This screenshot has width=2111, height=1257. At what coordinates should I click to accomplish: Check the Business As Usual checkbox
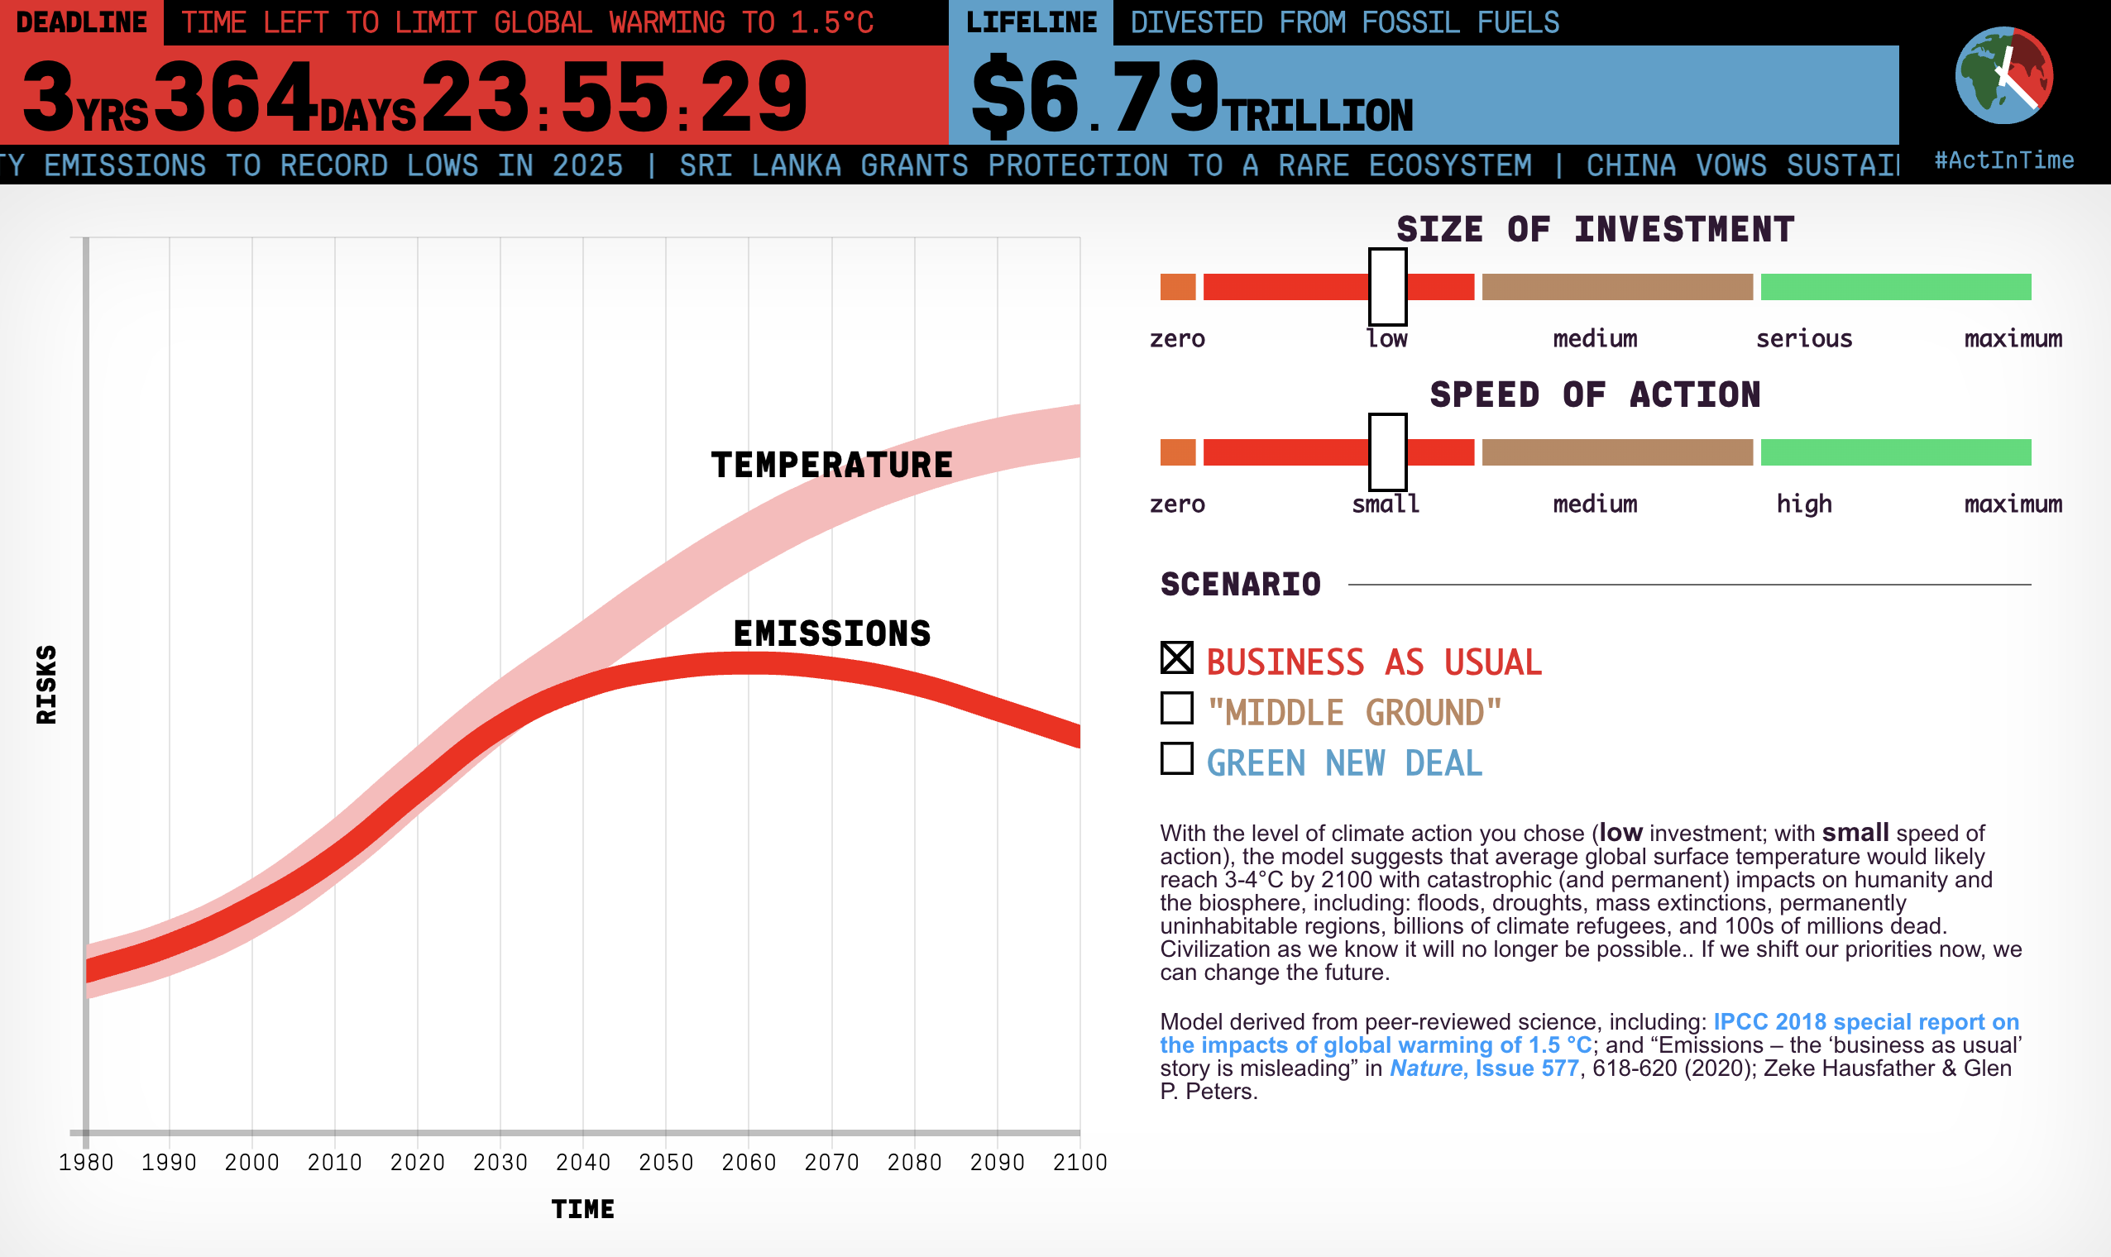click(x=1176, y=658)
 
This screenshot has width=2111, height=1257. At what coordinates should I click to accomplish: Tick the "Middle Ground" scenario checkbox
click(x=1176, y=708)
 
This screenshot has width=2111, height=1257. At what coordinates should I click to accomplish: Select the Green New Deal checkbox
click(x=1176, y=759)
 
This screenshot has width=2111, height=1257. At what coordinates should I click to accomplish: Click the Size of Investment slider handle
click(x=1387, y=287)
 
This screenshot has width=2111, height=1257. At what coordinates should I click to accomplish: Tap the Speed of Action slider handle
click(x=1387, y=452)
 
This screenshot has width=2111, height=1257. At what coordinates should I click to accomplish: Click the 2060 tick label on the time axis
click(x=749, y=1162)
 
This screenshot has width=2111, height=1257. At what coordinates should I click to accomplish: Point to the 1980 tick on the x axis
click(x=85, y=1162)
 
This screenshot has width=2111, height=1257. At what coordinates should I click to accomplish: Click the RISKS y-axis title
click(x=46, y=685)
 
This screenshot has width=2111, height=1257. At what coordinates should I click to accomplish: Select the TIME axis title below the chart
click(x=583, y=1209)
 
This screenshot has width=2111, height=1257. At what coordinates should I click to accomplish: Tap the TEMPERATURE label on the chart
click(x=832, y=465)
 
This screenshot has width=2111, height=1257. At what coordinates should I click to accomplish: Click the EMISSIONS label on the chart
click(x=832, y=633)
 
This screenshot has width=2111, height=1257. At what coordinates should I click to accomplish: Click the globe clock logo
click(x=2003, y=76)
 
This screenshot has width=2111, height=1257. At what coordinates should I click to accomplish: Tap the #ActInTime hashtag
click(x=2004, y=160)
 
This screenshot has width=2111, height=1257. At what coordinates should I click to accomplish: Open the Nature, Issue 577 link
click(x=1484, y=1068)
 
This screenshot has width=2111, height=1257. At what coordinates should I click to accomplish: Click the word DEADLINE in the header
click(x=81, y=22)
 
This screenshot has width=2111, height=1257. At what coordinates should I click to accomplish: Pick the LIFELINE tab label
click(x=1031, y=22)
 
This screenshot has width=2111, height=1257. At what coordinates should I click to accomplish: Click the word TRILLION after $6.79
click(x=1319, y=116)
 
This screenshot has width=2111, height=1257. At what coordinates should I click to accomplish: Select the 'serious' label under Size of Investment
click(x=1804, y=339)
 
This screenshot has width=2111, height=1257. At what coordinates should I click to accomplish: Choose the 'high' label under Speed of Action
click(x=1804, y=504)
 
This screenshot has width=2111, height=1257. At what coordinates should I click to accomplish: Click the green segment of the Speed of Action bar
click(x=1896, y=452)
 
